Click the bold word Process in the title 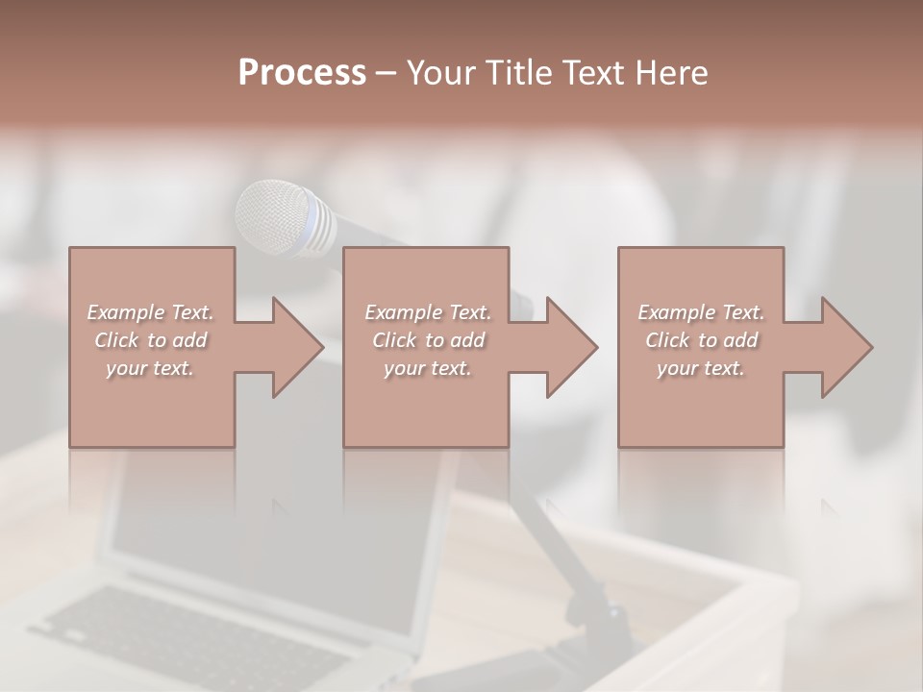click(302, 73)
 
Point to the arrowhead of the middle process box click(570, 347)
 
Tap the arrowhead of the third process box click(845, 347)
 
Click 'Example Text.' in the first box click(150, 312)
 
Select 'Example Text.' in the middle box click(427, 312)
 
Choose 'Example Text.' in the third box click(701, 312)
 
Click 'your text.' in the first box click(150, 368)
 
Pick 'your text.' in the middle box click(427, 368)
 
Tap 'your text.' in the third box click(701, 368)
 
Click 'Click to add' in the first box click(150, 340)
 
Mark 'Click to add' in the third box click(701, 340)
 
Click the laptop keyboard click(192, 634)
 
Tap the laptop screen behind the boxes click(269, 519)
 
